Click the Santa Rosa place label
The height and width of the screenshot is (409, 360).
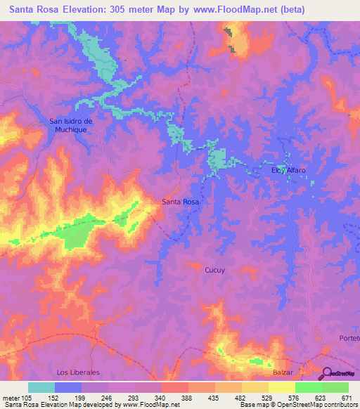181,202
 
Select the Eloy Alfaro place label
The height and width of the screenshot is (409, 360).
290,169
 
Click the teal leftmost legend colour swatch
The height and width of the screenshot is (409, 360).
41,387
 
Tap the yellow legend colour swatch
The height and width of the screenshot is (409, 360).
281,387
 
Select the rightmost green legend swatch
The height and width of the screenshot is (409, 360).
335,387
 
